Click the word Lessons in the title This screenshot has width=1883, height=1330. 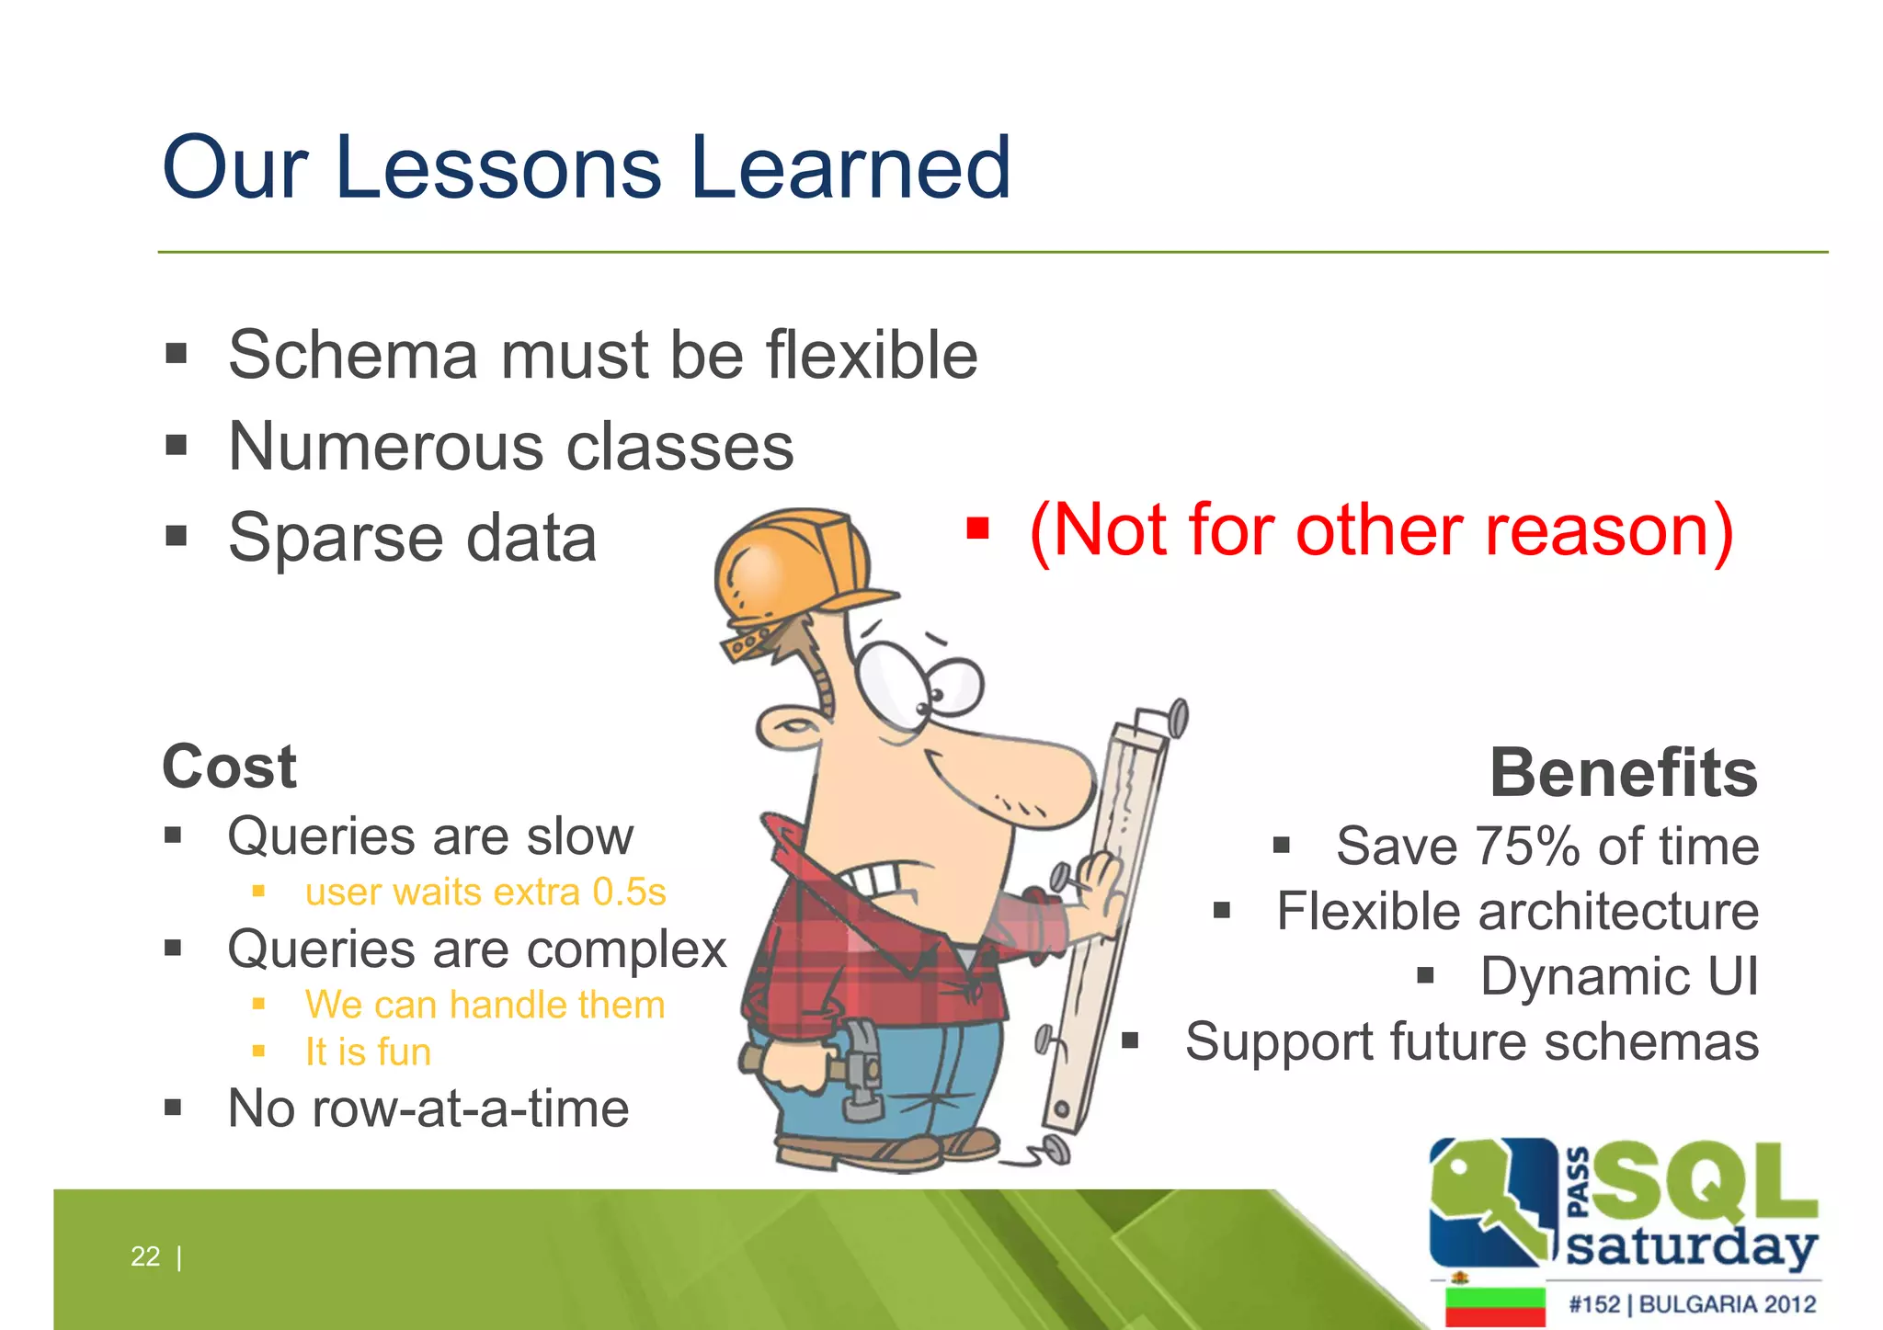[x=498, y=168]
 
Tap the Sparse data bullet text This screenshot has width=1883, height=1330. [x=413, y=539]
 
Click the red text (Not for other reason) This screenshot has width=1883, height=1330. [x=1380, y=531]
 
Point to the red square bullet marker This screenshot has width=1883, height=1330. [x=977, y=529]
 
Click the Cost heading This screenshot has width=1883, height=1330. [x=230, y=767]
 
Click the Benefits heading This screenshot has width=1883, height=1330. [x=1623, y=773]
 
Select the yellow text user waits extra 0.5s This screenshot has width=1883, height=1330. [x=485, y=892]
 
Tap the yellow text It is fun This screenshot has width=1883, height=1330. [x=368, y=1052]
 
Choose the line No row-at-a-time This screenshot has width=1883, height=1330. [x=428, y=1108]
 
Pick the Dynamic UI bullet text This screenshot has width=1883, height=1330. [x=1618, y=976]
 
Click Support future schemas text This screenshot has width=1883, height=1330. [x=1471, y=1042]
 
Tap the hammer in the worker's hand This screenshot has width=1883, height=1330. [x=860, y=1071]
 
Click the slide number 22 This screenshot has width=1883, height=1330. [x=145, y=1256]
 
